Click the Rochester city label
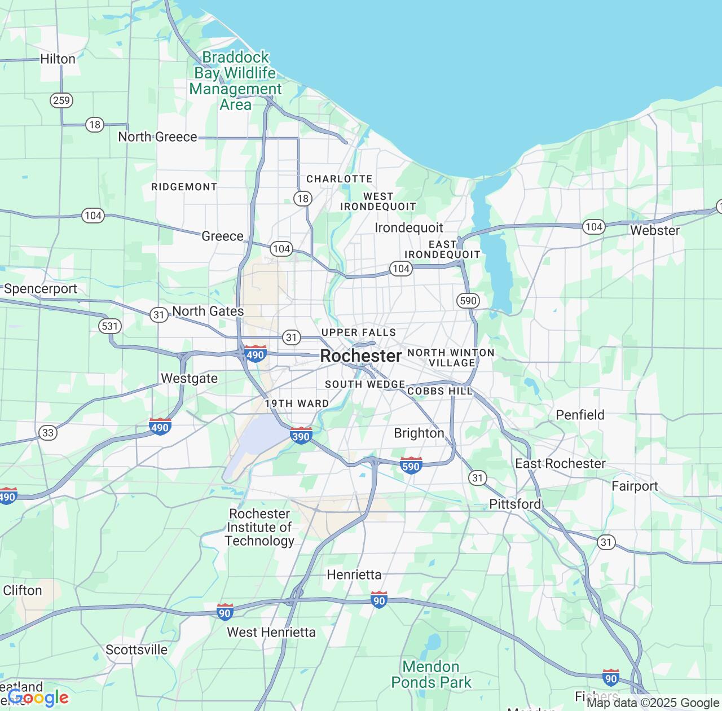coord(361,356)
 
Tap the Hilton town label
coord(58,59)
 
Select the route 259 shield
coord(61,101)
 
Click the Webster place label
coord(655,230)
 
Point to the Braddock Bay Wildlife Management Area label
coord(235,81)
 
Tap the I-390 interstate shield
coord(301,436)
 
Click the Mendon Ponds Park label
coord(431,674)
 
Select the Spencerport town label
coord(41,289)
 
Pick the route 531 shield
coord(109,326)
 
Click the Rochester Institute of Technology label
coord(259,527)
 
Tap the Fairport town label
coord(635,486)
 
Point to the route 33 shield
coord(48,433)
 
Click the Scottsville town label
coord(137,649)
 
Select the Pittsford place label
coord(514,504)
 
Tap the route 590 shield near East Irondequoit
coord(468,301)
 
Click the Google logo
coord(38,697)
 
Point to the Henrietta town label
coord(354,574)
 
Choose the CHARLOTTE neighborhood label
coord(339,179)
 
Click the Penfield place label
coord(580,415)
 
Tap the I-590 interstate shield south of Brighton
coord(411,466)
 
